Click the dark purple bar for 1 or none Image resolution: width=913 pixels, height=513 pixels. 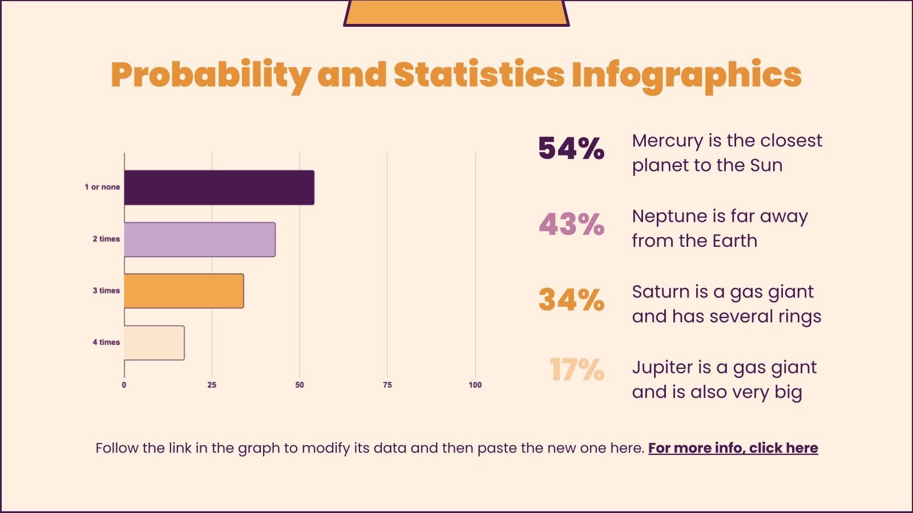point(219,188)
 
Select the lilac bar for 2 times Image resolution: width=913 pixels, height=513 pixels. point(200,239)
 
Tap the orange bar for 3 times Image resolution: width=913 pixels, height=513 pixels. point(184,291)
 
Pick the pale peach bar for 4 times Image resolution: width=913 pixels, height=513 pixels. point(154,343)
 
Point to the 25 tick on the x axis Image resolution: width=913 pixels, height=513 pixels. point(212,385)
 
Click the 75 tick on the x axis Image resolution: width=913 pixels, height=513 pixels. point(387,385)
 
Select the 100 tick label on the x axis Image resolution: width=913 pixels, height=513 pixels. point(475,385)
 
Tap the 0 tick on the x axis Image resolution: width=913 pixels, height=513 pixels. point(124,385)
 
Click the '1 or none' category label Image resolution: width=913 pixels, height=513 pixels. point(102,187)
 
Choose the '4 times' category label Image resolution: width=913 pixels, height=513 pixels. point(106,342)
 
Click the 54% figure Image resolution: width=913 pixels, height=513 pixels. point(571,149)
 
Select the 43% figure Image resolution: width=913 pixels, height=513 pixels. point(571,225)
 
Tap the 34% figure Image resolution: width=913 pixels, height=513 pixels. point(571,300)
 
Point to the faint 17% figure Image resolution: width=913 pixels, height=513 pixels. point(576,370)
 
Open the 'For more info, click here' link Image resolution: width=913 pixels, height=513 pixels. point(733,448)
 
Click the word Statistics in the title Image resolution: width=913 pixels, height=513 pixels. point(479,75)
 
